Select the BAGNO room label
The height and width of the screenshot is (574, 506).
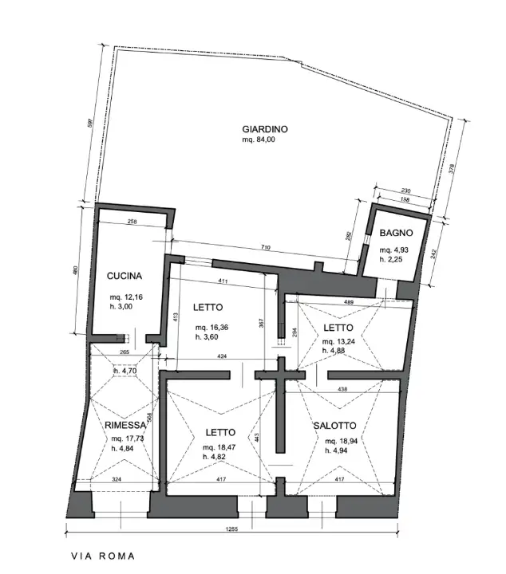396,234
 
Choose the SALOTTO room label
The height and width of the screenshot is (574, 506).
334,427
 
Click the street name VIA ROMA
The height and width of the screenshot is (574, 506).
102,556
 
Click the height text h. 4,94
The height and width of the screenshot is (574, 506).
338,450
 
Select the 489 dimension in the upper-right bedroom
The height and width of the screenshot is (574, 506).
349,302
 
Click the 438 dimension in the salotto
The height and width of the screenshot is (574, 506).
342,389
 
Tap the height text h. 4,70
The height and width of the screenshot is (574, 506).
125,371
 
